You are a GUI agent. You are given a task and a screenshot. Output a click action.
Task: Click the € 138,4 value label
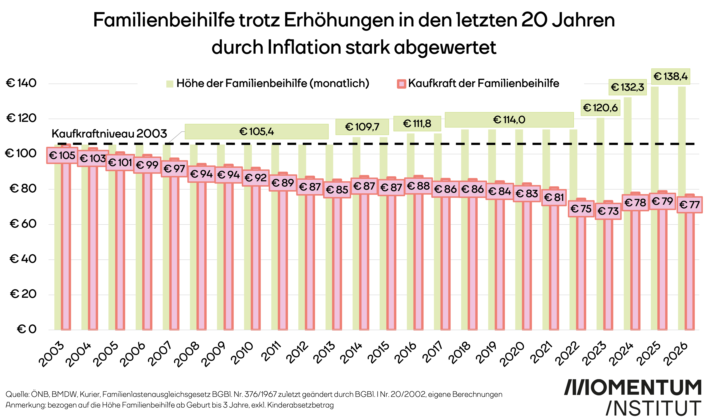pyautogui.click(x=670, y=76)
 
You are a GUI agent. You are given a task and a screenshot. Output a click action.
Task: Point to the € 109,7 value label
pyautogui.click(x=362, y=127)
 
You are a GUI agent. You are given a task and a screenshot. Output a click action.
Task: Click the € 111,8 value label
pyautogui.click(x=417, y=124)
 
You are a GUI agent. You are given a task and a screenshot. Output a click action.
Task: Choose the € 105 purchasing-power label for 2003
pyautogui.click(x=62, y=155)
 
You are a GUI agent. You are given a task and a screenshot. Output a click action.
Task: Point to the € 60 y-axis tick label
pyautogui.click(x=23, y=224)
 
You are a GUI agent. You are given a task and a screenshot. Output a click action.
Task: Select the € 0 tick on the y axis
pyautogui.click(x=27, y=329)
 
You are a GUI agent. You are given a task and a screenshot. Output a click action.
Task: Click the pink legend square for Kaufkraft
pyautogui.click(x=402, y=84)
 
